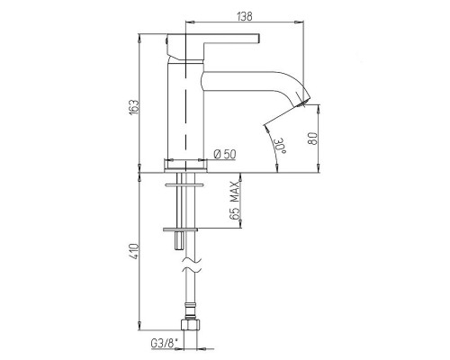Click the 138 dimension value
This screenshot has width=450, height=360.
(245, 16)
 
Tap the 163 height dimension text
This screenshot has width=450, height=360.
(135, 106)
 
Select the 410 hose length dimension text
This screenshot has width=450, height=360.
(135, 251)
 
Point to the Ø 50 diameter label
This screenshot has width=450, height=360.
(225, 154)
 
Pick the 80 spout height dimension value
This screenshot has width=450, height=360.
(313, 139)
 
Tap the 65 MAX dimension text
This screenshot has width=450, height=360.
(236, 201)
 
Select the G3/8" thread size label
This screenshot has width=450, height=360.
(165, 343)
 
